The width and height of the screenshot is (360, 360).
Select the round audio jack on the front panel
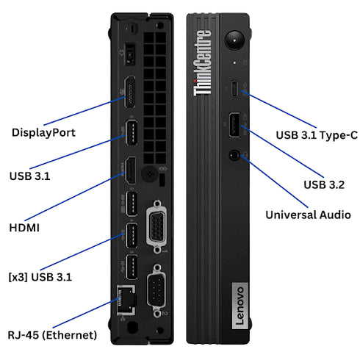pyautogui.click(x=234, y=155)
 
